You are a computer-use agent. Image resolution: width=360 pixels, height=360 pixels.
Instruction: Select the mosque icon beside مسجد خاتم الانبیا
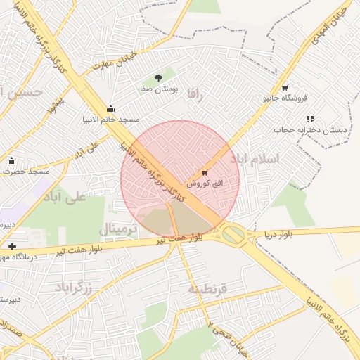coord(110,108)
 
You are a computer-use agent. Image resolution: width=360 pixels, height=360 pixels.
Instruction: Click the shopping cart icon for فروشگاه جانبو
coord(284,88)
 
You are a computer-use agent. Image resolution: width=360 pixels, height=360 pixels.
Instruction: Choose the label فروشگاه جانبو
coord(286,98)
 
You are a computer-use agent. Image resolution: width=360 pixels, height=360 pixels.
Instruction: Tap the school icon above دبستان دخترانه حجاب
coord(310,119)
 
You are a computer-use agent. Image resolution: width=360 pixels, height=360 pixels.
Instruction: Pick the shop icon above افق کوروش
coord(205,172)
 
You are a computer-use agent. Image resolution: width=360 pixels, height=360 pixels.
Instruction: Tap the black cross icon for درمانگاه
coord(12,246)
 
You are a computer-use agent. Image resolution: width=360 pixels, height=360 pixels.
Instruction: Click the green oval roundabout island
coord(235,235)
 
